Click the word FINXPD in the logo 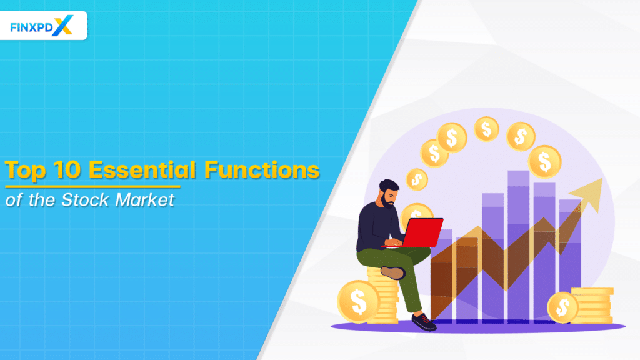pyautogui.click(x=31, y=27)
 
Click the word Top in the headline pyautogui.click(x=26, y=171)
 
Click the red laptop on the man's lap pyautogui.click(x=421, y=232)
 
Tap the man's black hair pyautogui.click(x=389, y=186)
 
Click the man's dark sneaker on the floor pyautogui.click(x=423, y=321)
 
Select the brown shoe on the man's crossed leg pyautogui.click(x=393, y=272)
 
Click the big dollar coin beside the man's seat pyautogui.click(x=358, y=301)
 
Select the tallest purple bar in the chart pyautogui.click(x=518, y=244)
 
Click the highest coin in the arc pyautogui.click(x=486, y=129)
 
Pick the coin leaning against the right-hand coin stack pyautogui.click(x=562, y=307)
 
